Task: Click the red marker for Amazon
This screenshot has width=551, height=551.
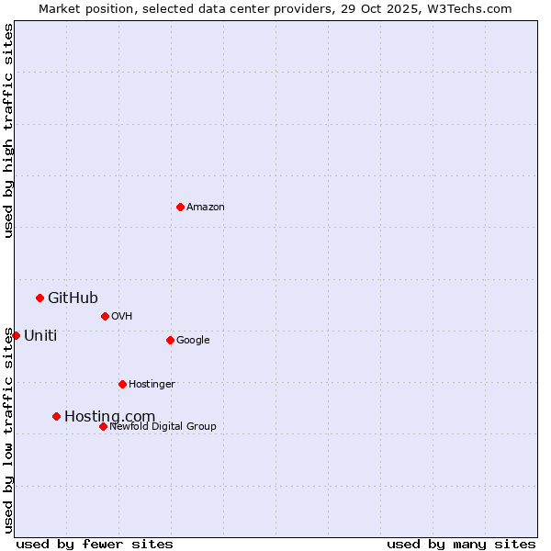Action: [x=180, y=207]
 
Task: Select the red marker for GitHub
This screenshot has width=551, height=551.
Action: [x=39, y=298]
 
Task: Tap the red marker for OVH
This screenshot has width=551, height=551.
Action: [x=105, y=316]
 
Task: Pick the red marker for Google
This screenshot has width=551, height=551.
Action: [x=170, y=340]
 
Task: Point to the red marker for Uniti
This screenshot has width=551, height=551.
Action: [x=16, y=335]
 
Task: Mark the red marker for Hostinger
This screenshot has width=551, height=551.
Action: [x=122, y=384]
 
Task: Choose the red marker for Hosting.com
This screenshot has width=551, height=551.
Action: [x=56, y=416]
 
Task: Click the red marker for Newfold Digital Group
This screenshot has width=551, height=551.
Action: [x=103, y=426]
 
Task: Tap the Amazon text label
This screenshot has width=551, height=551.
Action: [x=206, y=208]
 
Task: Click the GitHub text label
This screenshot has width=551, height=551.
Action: [x=73, y=298]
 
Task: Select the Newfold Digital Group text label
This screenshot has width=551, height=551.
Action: [x=163, y=426]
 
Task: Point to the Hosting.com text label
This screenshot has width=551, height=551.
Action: [x=109, y=416]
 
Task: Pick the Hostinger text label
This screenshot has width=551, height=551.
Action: [x=152, y=384]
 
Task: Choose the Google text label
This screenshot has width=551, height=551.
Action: [x=193, y=340]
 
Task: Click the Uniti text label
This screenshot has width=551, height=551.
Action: [x=40, y=335]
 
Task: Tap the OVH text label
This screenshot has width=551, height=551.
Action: [x=122, y=316]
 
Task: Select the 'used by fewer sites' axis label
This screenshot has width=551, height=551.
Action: [x=95, y=544]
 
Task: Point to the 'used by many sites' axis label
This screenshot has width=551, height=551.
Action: [x=461, y=544]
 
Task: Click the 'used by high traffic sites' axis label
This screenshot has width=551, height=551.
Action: [x=8, y=130]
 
